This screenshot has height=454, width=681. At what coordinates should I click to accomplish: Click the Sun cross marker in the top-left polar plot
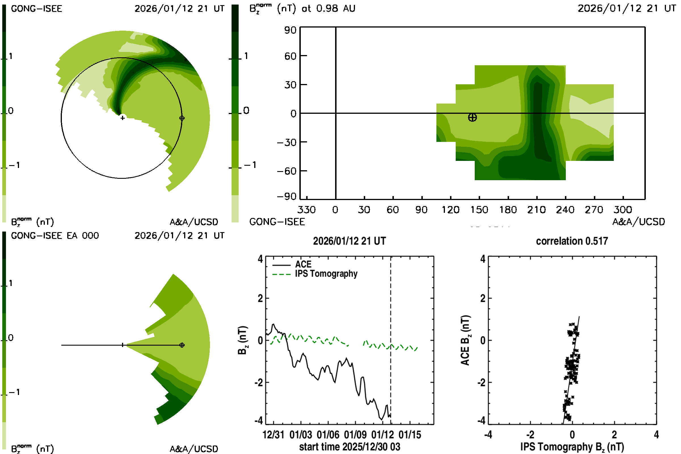[x=123, y=118]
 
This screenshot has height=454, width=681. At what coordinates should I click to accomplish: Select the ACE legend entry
[x=303, y=264]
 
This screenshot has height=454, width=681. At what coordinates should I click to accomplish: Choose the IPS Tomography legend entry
[x=326, y=274]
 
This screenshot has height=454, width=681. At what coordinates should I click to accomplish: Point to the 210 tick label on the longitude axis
[x=537, y=210]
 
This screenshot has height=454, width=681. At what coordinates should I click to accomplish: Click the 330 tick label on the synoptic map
[x=306, y=210]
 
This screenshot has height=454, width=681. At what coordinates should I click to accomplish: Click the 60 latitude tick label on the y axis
[x=290, y=56]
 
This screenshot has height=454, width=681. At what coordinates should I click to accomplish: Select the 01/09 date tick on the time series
[x=355, y=435]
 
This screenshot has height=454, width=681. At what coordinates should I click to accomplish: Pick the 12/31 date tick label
[x=273, y=435]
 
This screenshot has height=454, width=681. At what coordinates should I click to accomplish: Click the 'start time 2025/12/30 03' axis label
[x=350, y=447]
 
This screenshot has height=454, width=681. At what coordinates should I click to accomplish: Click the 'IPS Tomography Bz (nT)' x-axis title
[x=572, y=447]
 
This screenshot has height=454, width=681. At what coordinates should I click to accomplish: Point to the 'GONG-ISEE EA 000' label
[x=55, y=236]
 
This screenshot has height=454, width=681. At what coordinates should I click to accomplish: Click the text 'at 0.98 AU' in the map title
[x=328, y=9]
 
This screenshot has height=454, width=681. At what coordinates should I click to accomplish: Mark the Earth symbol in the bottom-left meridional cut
[x=182, y=345]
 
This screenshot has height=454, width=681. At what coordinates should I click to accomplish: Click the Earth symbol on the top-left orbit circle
[x=182, y=118]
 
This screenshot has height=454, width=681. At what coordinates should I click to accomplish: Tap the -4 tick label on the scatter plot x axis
[x=488, y=435]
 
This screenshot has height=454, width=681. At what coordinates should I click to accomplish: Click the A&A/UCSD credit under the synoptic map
[x=638, y=222]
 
